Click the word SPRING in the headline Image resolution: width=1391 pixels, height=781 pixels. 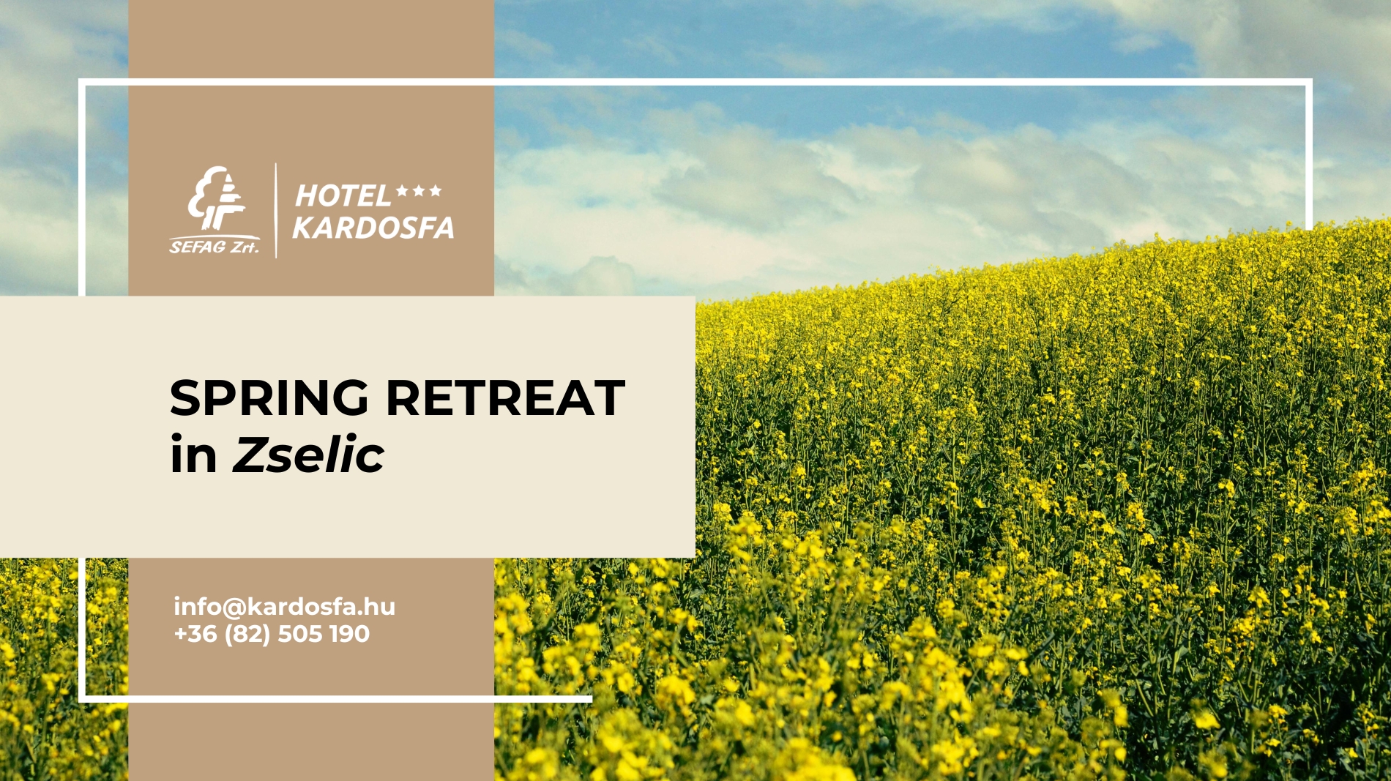click(x=269, y=399)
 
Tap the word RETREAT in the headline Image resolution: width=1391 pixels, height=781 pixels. click(x=505, y=399)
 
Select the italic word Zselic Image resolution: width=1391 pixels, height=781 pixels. click(x=308, y=455)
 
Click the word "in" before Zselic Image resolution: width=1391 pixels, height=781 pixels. click(x=193, y=455)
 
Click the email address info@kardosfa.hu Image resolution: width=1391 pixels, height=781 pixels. click(x=284, y=607)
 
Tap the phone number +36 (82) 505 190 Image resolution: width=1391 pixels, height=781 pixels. click(x=272, y=634)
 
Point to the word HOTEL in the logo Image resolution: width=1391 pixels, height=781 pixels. click(x=343, y=196)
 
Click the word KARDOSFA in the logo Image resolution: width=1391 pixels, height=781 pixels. click(x=373, y=228)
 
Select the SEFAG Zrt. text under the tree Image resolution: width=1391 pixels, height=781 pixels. click(x=214, y=247)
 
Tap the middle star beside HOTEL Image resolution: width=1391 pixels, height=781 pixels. click(x=419, y=191)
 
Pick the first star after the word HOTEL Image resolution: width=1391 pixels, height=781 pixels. click(x=402, y=191)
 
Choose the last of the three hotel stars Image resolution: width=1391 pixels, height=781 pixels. click(x=436, y=191)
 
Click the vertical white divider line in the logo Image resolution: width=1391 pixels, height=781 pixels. click(x=276, y=210)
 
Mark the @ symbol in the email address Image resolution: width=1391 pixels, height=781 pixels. click(x=232, y=608)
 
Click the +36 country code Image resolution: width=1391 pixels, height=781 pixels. click(x=195, y=634)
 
